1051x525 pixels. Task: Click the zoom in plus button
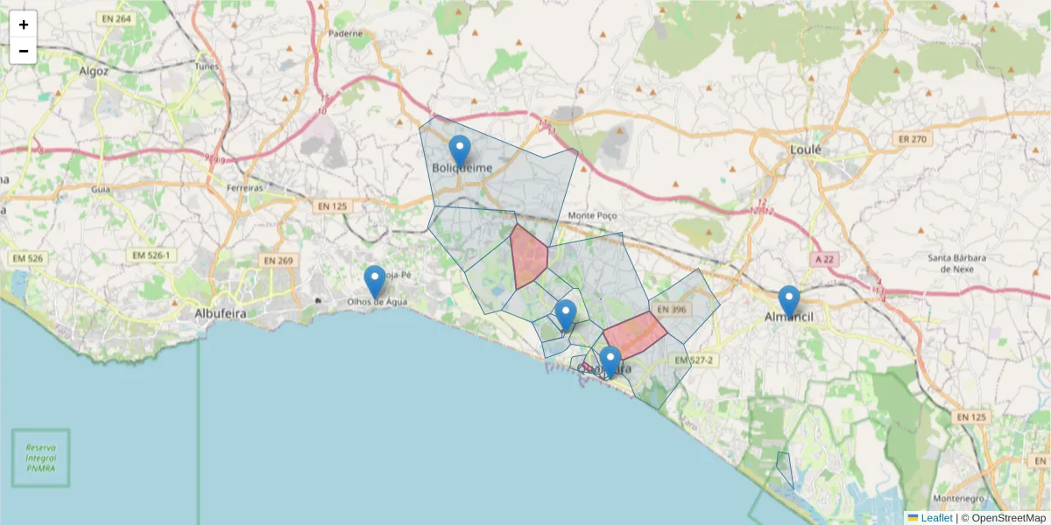coord(24,24)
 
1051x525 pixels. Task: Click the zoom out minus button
coord(24,51)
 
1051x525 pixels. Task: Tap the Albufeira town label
coord(220,312)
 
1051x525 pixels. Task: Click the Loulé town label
coord(806,150)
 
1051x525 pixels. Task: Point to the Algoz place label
coord(93,71)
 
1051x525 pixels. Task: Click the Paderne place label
coord(345,33)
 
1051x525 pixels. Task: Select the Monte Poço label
coord(593,215)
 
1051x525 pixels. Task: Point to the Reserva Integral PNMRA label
coord(40,458)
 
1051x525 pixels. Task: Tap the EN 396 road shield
coord(672,309)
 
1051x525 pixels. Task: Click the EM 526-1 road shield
coord(150,255)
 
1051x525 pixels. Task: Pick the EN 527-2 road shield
coord(695,360)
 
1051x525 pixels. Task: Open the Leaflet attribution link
coord(935,518)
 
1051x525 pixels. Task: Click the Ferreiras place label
coord(244,188)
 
